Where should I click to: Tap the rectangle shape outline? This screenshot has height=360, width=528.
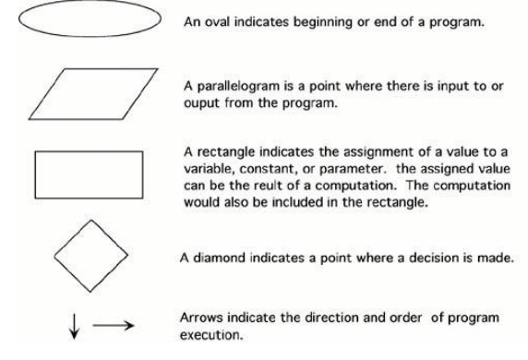(x=87, y=174)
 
